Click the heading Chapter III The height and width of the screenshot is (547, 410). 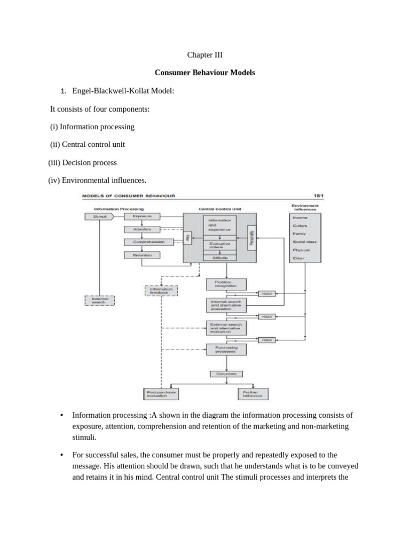pyautogui.click(x=204, y=55)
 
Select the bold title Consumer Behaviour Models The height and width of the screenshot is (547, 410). pyautogui.click(x=204, y=72)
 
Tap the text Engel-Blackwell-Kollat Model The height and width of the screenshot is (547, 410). pyautogui.click(x=123, y=91)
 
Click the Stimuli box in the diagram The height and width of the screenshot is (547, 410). pyautogui.click(x=99, y=216)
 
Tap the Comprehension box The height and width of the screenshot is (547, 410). pyautogui.click(x=141, y=242)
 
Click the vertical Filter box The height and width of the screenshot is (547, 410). pyautogui.click(x=187, y=238)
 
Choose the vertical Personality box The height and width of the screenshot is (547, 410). pyautogui.click(x=251, y=237)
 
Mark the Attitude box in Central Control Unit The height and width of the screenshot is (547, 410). pyautogui.click(x=219, y=257)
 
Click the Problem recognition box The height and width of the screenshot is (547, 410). pyautogui.click(x=226, y=284)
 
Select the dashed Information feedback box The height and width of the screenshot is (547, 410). pyautogui.click(x=161, y=291)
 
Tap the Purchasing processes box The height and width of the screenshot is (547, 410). pyautogui.click(x=226, y=349)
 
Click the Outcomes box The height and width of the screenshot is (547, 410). pyautogui.click(x=226, y=374)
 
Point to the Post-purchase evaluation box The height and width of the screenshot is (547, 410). pyautogui.click(x=161, y=394)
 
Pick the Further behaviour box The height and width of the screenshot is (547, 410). pyautogui.click(x=253, y=394)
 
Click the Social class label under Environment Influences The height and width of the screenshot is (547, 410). pyautogui.click(x=304, y=242)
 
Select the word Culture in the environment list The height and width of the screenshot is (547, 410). pyautogui.click(x=301, y=226)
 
